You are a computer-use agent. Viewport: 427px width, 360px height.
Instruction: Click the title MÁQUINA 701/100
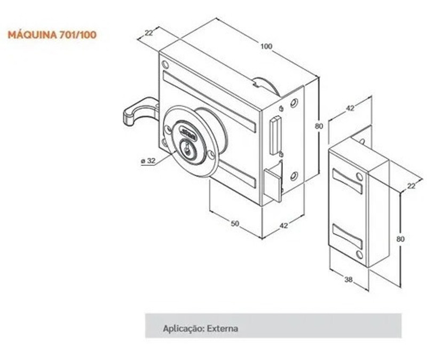pos(52,35)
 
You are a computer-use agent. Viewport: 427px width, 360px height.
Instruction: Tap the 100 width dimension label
pos(266,46)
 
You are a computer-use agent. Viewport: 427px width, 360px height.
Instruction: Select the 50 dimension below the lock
pos(234,223)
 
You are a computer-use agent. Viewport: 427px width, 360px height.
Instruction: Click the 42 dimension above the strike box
pos(350,108)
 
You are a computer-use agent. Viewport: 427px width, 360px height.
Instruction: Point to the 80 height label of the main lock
pos(319,126)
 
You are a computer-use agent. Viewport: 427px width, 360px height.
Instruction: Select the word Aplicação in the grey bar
pos(181,328)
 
